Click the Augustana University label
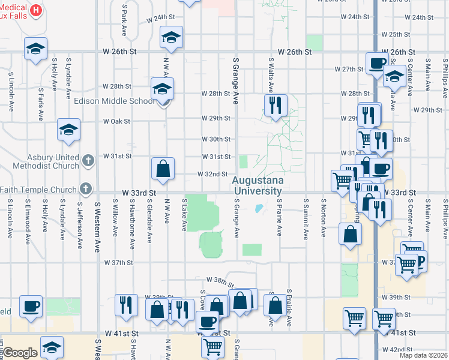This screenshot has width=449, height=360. click(257, 185)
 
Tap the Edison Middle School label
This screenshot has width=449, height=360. click(114, 101)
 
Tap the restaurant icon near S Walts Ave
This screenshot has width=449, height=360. click(276, 106)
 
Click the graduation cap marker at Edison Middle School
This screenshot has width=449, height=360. click(162, 89)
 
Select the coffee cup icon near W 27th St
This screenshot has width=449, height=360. click(378, 64)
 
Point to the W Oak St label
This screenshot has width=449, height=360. click(116, 121)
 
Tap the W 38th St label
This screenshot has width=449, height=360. click(219, 280)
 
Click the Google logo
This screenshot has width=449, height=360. click(20, 353)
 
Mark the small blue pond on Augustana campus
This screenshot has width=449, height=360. click(259, 209)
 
